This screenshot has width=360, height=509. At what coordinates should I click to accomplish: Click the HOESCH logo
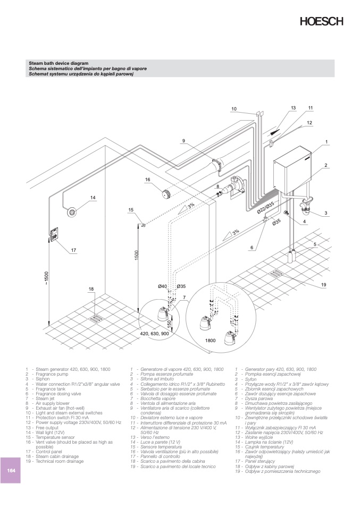coord(322,22)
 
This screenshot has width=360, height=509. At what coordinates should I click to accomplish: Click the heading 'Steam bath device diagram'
coord(58,63)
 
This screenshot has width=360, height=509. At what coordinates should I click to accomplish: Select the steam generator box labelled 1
coord(292,171)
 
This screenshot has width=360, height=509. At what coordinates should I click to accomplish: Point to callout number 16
coord(147,180)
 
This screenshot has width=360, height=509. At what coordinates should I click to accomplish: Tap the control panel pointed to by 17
coord(55,233)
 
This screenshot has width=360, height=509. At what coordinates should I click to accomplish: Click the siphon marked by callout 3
coord(307,206)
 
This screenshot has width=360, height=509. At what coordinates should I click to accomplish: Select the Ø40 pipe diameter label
coord(163,287)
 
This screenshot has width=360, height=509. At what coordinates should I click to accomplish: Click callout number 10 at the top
coord(233,109)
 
